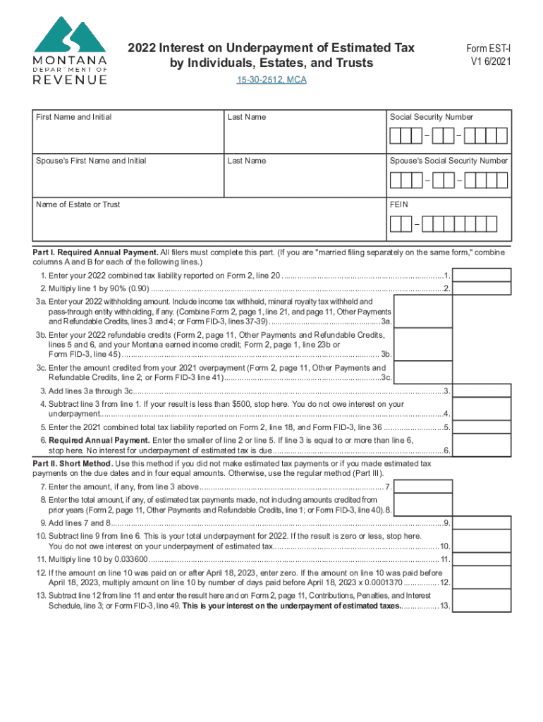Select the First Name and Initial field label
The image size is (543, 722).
(74, 117)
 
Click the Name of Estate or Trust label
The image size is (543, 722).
(78, 204)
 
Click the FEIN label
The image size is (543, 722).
(399, 204)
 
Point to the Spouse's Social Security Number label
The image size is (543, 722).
(449, 161)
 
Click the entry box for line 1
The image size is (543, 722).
(481, 275)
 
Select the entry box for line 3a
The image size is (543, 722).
(423, 311)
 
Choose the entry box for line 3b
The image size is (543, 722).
(423, 344)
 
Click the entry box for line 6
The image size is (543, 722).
(481, 445)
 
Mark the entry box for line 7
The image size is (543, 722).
(423, 487)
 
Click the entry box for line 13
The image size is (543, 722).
(481, 601)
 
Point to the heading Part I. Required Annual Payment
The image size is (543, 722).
(96, 252)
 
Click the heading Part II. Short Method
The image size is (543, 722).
(73, 463)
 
